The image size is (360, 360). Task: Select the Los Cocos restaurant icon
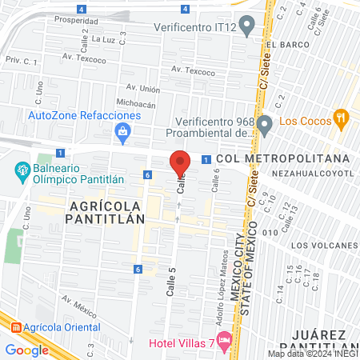pyautogui.click(x=342, y=120)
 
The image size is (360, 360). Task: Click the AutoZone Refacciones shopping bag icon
pyautogui.click(x=122, y=133)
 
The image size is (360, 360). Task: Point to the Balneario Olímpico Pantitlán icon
pyautogui.click(x=22, y=170)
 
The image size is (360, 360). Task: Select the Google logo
pyautogui.click(x=26, y=350)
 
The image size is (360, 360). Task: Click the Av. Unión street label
pyautogui.click(x=143, y=88)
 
